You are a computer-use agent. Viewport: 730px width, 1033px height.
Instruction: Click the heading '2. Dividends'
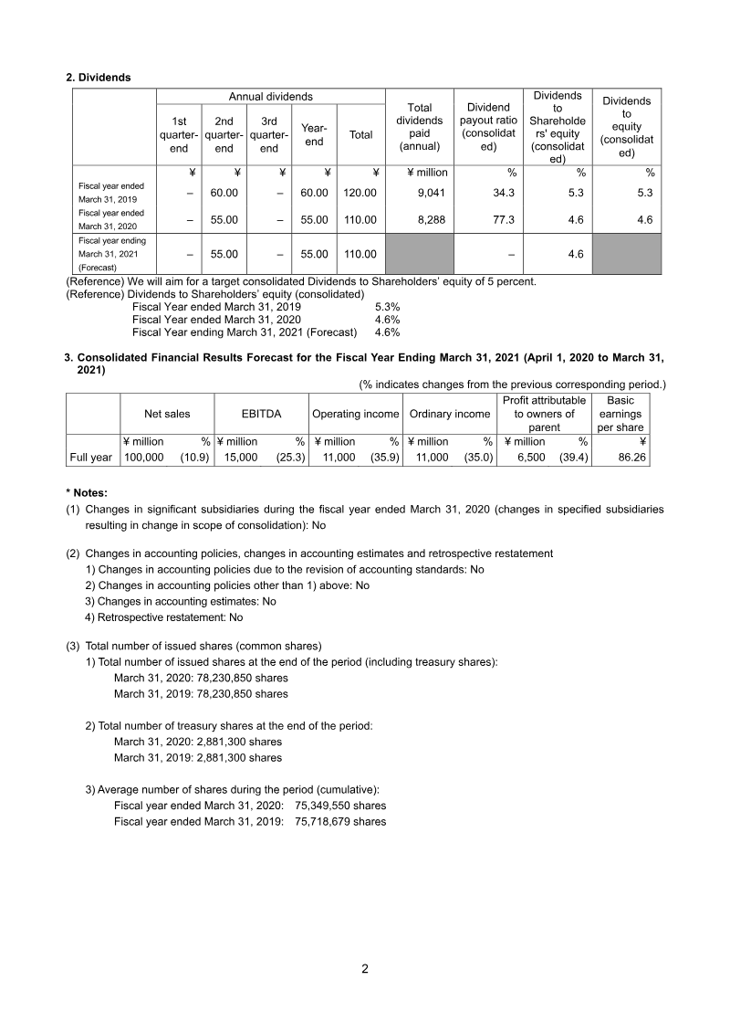pyautogui.click(x=99, y=78)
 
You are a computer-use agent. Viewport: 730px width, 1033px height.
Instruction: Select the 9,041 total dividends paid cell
pyautogui.click(x=430, y=193)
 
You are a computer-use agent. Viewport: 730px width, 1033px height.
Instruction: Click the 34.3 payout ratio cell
pyautogui.click(x=504, y=193)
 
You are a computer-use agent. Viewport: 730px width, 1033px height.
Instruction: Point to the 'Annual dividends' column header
pyautogui.click(x=270, y=96)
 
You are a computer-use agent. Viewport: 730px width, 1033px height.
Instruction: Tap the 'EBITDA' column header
pyautogui.click(x=261, y=414)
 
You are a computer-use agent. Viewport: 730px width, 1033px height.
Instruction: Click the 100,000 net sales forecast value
pyautogui.click(x=144, y=458)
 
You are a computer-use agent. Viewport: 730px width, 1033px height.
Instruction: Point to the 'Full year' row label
pyautogui.click(x=90, y=458)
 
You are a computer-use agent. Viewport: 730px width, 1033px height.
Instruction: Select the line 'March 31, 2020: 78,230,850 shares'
pyautogui.click(x=200, y=679)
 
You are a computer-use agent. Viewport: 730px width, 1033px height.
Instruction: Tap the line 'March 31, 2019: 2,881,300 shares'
pyautogui.click(x=197, y=757)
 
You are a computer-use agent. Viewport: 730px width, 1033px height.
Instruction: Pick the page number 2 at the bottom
pyautogui.click(x=365, y=969)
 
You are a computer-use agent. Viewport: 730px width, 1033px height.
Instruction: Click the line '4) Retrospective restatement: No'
pyautogui.click(x=163, y=617)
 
